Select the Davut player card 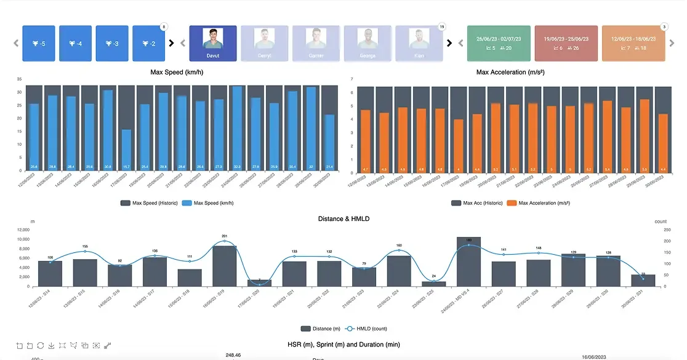(x=212, y=43)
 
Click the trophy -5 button (x=39, y=43)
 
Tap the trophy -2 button (x=149, y=43)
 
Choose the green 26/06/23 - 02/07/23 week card (x=498, y=43)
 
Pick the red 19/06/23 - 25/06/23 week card (x=566, y=43)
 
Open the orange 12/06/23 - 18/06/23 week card (x=633, y=43)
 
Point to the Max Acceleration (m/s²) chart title (x=510, y=72)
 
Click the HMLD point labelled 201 (x=225, y=242)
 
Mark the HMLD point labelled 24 (x=434, y=281)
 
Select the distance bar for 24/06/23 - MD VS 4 (x=468, y=262)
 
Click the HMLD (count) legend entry (x=365, y=329)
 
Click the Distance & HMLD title (x=343, y=218)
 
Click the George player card (x=368, y=43)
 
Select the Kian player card (x=419, y=43)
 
